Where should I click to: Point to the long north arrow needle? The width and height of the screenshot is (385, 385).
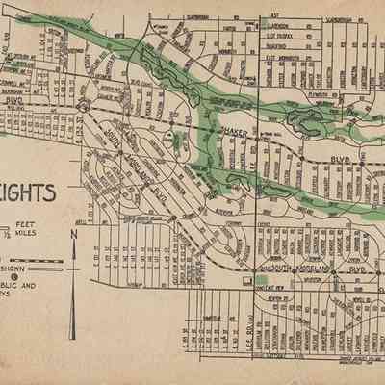[x=73, y=289]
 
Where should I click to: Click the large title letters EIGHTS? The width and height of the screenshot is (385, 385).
[x=29, y=193]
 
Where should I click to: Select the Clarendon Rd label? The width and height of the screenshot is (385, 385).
[x=281, y=29]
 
